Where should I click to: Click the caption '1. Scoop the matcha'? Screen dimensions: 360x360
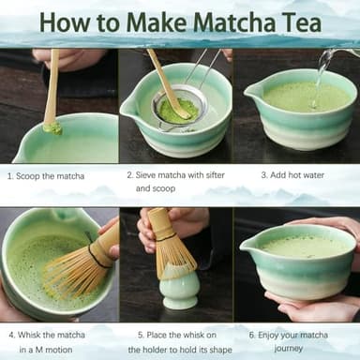[x=45, y=175]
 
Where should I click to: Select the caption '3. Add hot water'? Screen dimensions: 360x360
[x=293, y=175]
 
